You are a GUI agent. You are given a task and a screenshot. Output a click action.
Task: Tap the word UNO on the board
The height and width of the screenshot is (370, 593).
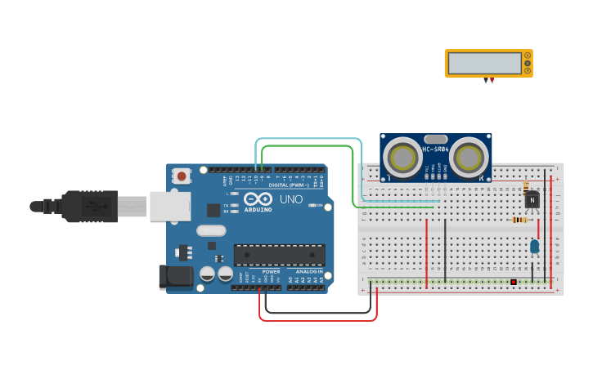[x=291, y=199]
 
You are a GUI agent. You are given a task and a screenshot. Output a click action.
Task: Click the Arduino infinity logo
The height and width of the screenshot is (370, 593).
[x=257, y=199]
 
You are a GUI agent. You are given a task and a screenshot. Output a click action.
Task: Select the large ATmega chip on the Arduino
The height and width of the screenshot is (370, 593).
[x=279, y=255]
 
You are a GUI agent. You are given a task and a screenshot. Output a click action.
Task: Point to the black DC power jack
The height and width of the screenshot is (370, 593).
[x=176, y=276]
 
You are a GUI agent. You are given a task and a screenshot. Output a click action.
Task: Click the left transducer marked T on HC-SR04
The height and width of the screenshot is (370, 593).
[x=402, y=156]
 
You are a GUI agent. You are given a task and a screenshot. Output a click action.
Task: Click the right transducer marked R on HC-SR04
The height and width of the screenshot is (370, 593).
[x=469, y=156]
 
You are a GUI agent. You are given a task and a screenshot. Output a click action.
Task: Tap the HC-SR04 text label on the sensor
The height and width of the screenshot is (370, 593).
[x=435, y=149]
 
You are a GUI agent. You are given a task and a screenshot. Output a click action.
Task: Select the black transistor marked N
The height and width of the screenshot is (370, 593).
[x=532, y=199]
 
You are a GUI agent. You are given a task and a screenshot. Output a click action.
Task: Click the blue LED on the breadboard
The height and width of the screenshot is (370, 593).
[x=535, y=245]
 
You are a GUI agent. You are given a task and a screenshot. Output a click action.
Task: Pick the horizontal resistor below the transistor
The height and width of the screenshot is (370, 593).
[x=519, y=219]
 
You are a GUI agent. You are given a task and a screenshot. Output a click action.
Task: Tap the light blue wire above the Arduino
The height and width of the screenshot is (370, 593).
[x=307, y=140]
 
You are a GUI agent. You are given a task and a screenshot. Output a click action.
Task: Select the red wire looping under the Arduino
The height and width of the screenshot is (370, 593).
[x=319, y=319]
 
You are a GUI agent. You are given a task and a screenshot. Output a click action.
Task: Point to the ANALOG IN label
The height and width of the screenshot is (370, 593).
[x=309, y=271]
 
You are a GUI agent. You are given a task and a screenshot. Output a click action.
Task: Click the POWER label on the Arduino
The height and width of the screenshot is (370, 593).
[x=271, y=271]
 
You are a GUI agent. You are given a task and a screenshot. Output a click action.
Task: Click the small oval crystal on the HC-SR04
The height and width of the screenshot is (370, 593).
[x=435, y=140]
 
